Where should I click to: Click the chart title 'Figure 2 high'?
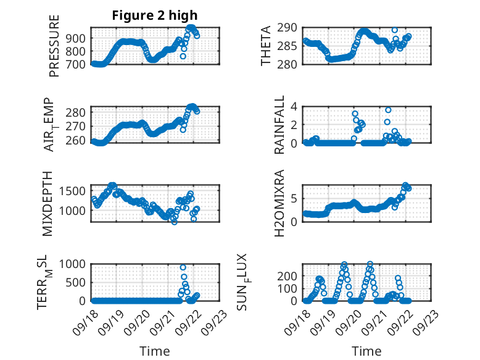point(155,15)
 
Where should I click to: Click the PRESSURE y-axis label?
point(54,46)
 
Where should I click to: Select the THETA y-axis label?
point(266,46)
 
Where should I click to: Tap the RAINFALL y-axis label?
point(279,125)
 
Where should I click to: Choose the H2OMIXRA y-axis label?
point(279,203)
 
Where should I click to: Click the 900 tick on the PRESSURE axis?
point(80,38)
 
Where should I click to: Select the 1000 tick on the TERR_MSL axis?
point(76,264)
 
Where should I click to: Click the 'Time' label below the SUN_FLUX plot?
point(366,351)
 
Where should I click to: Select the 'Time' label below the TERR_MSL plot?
point(155,351)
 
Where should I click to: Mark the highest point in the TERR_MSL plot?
point(183,267)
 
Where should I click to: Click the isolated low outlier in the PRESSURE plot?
point(183,56)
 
